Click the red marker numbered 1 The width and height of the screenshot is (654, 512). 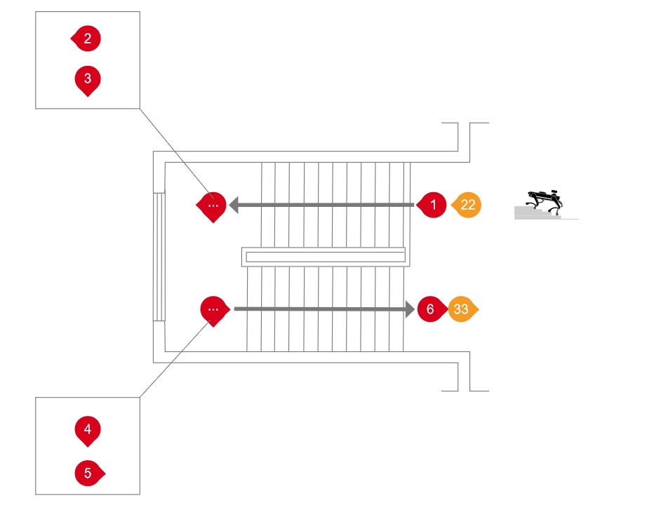433,205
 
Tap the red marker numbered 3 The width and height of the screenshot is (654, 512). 87,79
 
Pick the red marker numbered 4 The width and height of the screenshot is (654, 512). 87,429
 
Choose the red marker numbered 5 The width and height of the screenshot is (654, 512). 88,473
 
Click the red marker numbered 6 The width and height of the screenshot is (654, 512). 430,309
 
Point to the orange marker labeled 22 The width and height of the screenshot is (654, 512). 467,205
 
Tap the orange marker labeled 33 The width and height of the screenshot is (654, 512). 462,309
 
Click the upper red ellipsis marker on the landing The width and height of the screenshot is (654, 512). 213,206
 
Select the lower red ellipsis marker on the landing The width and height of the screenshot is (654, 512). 215,309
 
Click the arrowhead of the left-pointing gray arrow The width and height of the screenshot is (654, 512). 235,205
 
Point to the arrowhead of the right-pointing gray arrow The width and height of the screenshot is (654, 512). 408,309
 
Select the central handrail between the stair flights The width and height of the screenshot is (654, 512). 324,256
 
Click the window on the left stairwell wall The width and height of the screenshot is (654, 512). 159,256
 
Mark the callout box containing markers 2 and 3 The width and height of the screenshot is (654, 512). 88,60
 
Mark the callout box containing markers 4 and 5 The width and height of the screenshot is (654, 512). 88,445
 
